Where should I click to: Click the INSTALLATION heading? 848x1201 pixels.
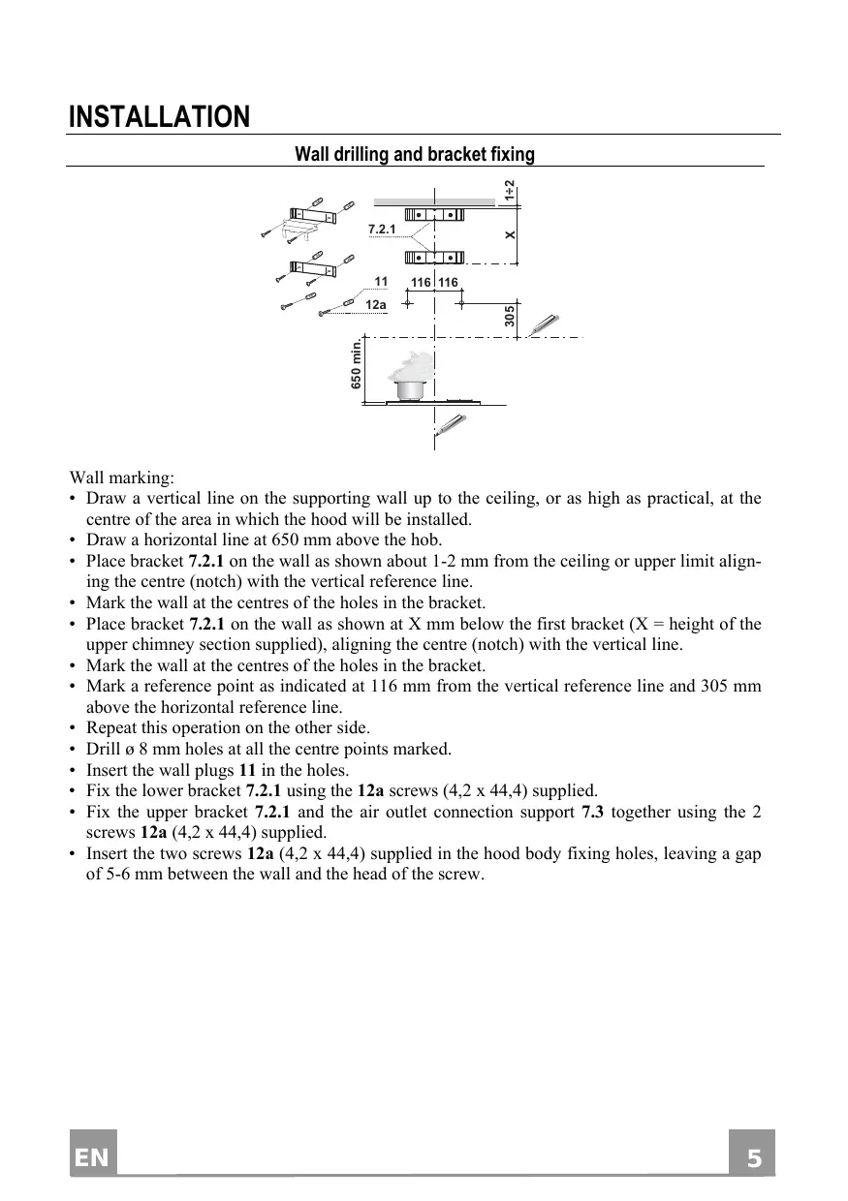pos(159,118)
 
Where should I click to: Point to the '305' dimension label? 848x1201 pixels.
pos(510,315)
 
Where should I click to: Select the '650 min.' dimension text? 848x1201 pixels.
pos(357,364)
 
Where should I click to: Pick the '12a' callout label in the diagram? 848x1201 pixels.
pos(376,304)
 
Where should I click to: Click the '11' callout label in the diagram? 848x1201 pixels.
pos(381,282)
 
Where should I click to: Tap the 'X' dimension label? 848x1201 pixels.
pos(510,235)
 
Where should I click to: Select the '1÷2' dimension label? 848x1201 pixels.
pos(510,191)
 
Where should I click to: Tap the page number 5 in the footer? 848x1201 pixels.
pos(752,1158)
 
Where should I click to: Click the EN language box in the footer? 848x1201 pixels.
pos(93,1158)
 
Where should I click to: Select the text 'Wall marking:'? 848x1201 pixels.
pos(122,478)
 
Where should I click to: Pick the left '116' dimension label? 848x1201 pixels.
pos(421,282)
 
